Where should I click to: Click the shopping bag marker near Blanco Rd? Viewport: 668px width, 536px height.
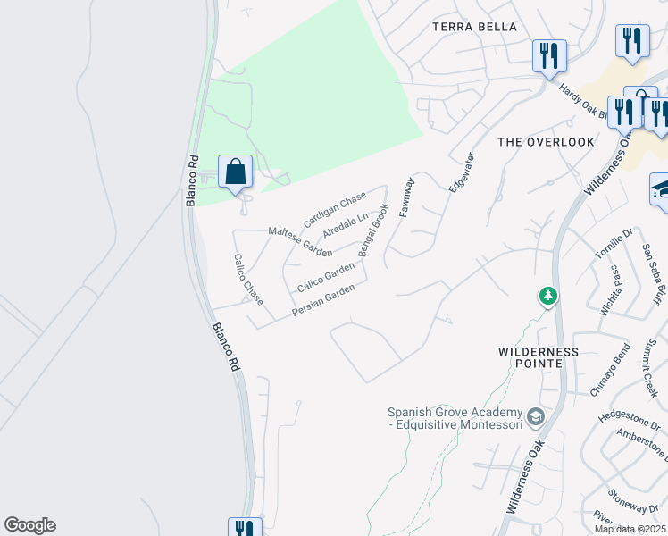click(x=235, y=171)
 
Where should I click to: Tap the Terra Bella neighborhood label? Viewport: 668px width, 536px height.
click(x=474, y=27)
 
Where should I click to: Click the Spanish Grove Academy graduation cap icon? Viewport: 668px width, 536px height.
click(x=535, y=416)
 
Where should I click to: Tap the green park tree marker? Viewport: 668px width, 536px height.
click(x=548, y=296)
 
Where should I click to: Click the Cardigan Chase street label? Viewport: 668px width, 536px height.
click(x=335, y=209)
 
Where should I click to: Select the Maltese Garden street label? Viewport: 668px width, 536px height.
click(x=300, y=241)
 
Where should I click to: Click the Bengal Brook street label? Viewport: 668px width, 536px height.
click(x=374, y=230)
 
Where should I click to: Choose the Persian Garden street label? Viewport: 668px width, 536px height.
click(x=323, y=300)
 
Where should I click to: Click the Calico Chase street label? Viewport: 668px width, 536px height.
click(x=248, y=280)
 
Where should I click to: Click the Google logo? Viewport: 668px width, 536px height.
click(x=29, y=525)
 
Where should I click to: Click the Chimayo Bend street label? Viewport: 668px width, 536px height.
click(x=611, y=369)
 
